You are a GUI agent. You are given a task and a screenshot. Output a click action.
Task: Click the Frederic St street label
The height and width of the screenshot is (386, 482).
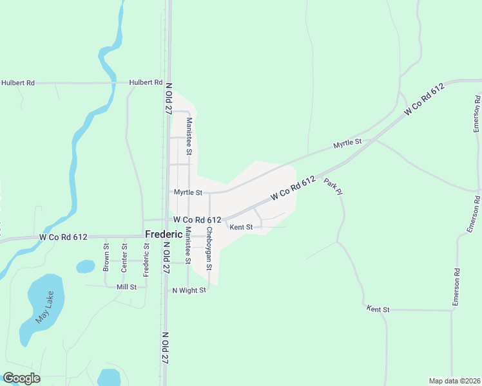pos(146,260)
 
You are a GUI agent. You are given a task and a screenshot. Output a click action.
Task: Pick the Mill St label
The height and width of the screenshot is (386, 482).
pos(126,287)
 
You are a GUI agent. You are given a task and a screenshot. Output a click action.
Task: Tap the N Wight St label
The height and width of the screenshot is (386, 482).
pos(188,290)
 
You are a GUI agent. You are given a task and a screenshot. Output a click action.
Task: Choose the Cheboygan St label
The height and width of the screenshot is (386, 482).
pos(209,248)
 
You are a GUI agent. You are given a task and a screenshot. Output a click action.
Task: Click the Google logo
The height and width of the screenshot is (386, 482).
pos(21,378)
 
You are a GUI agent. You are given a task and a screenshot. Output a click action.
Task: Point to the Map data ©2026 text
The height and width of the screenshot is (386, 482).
pos(454,381)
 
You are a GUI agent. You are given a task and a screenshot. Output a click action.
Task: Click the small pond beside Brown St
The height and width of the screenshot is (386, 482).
pos(86,266)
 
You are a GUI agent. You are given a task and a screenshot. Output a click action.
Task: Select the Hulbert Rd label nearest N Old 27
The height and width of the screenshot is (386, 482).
pos(146,82)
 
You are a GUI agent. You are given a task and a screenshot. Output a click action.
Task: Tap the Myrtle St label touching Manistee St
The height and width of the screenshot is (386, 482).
pos(188,192)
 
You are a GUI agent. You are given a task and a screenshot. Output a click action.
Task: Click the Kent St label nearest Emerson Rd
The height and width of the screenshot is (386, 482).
pos(378,309)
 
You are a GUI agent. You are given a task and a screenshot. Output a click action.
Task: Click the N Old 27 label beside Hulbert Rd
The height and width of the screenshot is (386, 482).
pos(168,98)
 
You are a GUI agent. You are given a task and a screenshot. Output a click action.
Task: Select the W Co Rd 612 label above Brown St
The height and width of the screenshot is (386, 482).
pos(63,237)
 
